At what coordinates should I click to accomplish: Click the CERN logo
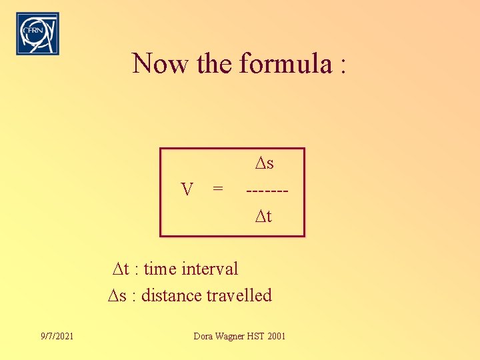coord(37,33)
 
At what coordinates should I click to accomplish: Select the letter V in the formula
coord(188,190)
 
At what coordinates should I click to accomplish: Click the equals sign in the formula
coord(217,190)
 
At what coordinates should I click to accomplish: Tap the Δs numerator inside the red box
coord(264,163)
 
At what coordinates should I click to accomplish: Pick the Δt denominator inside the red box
coord(263,216)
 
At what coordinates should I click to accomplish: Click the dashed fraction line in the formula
coord(267,191)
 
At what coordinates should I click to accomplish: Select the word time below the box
coord(160,269)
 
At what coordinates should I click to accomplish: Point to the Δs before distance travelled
coord(117,295)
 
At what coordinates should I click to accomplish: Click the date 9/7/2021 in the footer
coord(57,336)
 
